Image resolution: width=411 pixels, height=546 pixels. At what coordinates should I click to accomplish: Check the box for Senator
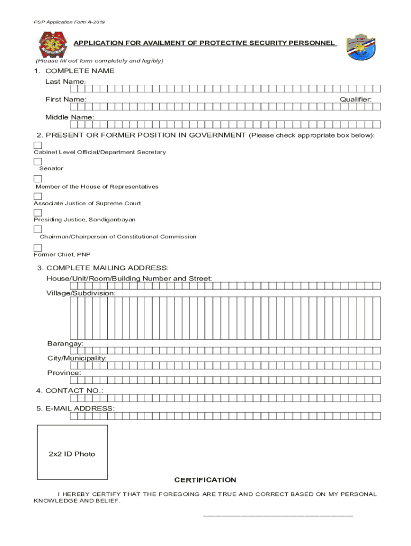pos(38,162)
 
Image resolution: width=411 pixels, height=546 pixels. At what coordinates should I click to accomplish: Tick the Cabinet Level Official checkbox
pos(38,145)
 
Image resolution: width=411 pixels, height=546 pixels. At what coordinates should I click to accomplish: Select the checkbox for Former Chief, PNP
pos(38,248)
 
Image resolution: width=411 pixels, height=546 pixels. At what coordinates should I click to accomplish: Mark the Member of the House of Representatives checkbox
pos(38,179)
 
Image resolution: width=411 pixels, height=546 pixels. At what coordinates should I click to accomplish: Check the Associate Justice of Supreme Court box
pos(38,196)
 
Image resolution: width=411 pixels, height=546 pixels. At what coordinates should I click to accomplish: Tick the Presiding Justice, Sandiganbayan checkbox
pos(38,213)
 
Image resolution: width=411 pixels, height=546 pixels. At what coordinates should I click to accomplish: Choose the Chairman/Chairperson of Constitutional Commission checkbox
pos(38,229)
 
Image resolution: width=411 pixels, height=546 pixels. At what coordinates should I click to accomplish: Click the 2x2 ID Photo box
pos(72,453)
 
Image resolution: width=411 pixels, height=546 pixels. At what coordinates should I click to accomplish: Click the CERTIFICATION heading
pos(205,480)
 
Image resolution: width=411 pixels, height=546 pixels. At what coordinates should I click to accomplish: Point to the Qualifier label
pos(356,100)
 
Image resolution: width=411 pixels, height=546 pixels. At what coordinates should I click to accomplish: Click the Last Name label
pos(65,82)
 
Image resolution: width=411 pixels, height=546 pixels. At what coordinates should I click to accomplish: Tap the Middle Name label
pos(69,117)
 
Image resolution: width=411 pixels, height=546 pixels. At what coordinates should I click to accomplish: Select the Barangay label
pos(65,344)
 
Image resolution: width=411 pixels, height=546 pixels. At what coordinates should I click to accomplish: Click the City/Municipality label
pos(77,358)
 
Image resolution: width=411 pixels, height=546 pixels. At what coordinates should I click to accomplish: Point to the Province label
pos(64,373)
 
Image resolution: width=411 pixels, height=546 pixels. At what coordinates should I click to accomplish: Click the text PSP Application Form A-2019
pos(62,22)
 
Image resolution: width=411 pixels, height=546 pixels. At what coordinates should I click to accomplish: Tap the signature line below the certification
pos(278,516)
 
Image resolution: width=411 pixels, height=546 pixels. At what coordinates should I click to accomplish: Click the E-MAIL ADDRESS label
pos(75,408)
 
